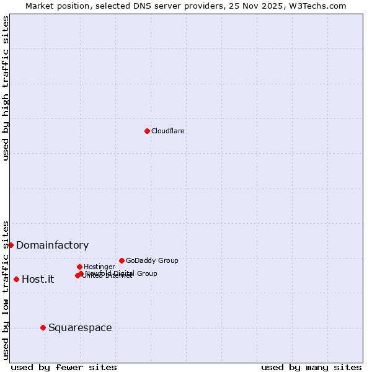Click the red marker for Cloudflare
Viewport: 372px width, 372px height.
[x=147, y=131]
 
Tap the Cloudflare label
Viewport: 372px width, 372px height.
[x=168, y=131]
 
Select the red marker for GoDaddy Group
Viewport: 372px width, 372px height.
[x=122, y=260]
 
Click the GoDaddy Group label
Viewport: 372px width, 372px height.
[x=152, y=260]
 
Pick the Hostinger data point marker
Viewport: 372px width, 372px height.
[x=79, y=267]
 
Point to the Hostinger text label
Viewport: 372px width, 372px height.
[x=99, y=267]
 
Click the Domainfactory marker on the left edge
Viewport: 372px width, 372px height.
[x=11, y=245]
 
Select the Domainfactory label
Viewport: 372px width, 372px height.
[x=52, y=245]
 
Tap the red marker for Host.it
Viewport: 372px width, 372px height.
[x=16, y=279]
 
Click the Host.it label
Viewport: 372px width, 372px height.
[x=38, y=279]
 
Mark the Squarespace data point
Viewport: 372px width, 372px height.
[x=43, y=327]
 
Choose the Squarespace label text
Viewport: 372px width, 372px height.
[x=80, y=327]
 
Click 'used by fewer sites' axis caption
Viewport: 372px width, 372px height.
[x=64, y=367]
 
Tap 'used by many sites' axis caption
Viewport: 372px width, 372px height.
[x=311, y=367]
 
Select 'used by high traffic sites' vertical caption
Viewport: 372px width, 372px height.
[x=6, y=88]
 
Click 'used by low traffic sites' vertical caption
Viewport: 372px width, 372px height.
[x=6, y=290]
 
